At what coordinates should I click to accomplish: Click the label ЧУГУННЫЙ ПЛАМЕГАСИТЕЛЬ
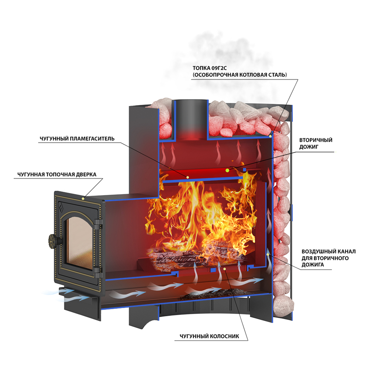tap(77, 139)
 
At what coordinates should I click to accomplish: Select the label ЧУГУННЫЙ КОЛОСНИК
tap(210, 336)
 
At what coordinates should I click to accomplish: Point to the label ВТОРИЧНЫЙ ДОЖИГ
tap(315, 143)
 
